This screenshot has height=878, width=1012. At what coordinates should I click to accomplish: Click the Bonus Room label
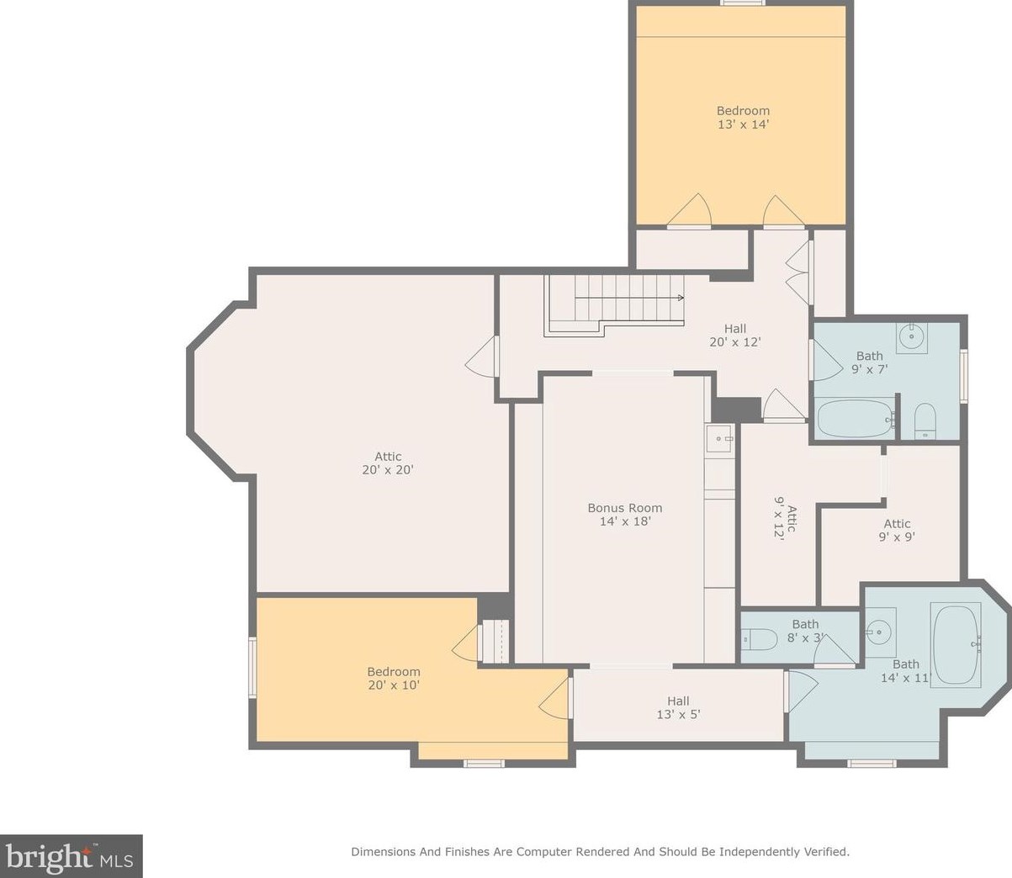[x=625, y=514]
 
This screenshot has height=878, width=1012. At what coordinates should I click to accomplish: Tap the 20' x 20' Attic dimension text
[x=388, y=469]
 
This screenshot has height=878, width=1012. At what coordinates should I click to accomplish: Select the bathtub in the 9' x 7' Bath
[x=855, y=418]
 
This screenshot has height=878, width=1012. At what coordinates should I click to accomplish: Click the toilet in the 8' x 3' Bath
[x=760, y=639]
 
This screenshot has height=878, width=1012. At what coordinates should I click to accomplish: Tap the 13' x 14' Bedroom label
[x=744, y=117]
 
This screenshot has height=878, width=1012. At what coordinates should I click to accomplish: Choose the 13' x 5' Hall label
[x=678, y=707]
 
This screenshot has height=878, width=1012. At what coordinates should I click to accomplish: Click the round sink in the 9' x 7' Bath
[x=913, y=337]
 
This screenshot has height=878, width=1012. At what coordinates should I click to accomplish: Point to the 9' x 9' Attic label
[x=898, y=530]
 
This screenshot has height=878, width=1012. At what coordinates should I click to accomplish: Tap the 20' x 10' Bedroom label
[x=394, y=679]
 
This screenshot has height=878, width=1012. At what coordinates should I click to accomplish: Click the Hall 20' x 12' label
[x=735, y=336]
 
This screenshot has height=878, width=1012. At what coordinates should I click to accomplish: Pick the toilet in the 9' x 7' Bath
[x=925, y=420]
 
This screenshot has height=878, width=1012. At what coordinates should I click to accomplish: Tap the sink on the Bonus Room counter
[x=720, y=438]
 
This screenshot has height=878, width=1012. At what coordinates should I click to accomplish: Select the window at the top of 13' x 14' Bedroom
[x=743, y=3]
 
